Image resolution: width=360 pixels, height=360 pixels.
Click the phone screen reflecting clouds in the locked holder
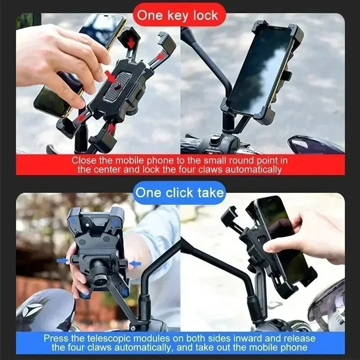261,72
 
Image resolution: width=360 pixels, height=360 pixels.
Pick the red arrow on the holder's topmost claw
131,42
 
